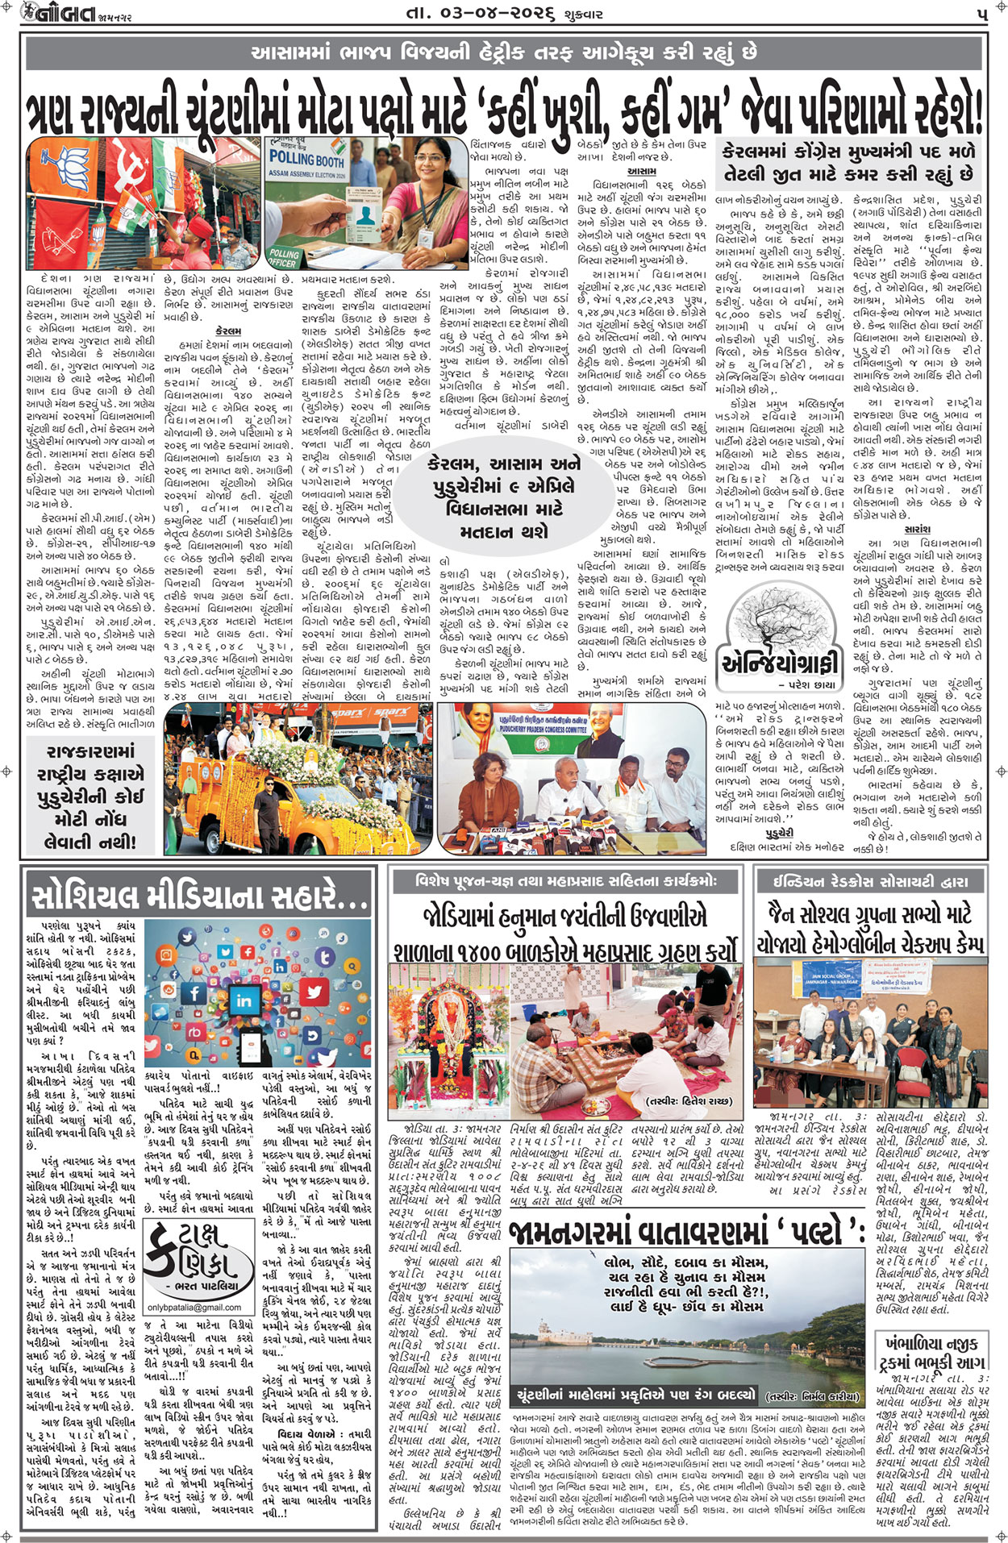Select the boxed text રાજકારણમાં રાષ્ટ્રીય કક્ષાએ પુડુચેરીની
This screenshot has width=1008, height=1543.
click(x=90, y=796)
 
